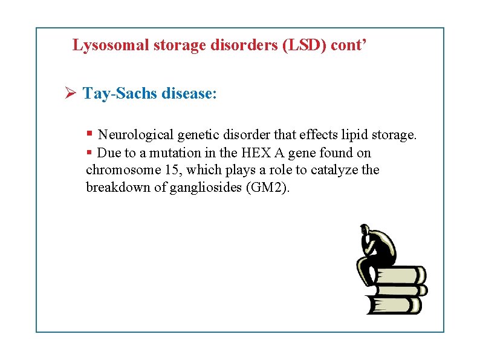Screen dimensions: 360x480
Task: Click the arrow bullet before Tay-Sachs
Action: click(70, 94)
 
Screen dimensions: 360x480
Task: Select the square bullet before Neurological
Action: click(89, 133)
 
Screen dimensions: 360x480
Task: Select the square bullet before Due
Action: click(89, 151)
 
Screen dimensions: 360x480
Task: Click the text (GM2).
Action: click(268, 188)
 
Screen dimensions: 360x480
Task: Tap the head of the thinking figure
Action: click(365, 230)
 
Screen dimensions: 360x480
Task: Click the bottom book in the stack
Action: click(395, 303)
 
